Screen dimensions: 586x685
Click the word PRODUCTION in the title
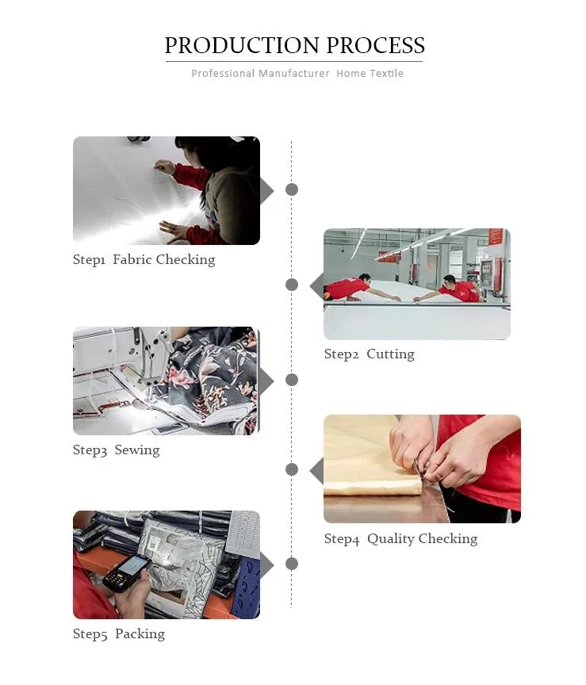pyautogui.click(x=242, y=45)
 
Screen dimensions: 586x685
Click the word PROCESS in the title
pyautogui.click(x=375, y=45)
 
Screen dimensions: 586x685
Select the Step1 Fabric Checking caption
pyautogui.click(x=144, y=259)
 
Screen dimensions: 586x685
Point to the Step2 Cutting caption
pyautogui.click(x=370, y=354)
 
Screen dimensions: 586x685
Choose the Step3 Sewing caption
pyautogui.click(x=117, y=450)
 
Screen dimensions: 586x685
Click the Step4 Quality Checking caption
pyautogui.click(x=400, y=539)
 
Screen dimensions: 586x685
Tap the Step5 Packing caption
pyautogui.click(x=119, y=634)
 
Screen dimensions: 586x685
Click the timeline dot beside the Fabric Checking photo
pyautogui.click(x=292, y=189)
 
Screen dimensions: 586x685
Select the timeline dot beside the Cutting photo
pyautogui.click(x=292, y=285)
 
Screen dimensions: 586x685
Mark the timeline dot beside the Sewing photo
pyautogui.click(x=292, y=380)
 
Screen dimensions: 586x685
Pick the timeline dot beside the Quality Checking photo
pyautogui.click(x=292, y=469)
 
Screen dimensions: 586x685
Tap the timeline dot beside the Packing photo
pyautogui.click(x=292, y=564)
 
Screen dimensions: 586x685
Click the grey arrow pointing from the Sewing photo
pyautogui.click(x=266, y=381)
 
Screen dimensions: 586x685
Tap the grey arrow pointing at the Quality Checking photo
pyautogui.click(x=316, y=471)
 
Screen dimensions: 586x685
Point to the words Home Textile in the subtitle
pyautogui.click(x=370, y=74)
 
